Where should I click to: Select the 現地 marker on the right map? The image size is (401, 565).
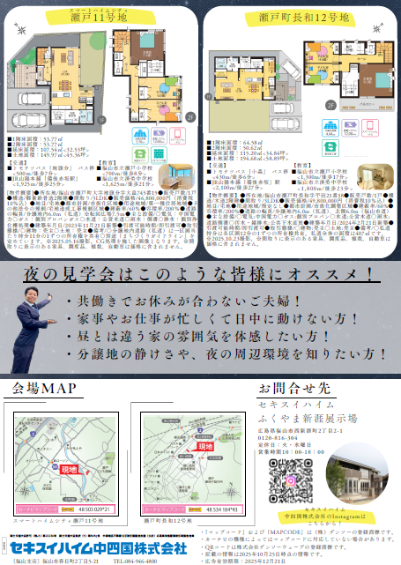click(x=206, y=448)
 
